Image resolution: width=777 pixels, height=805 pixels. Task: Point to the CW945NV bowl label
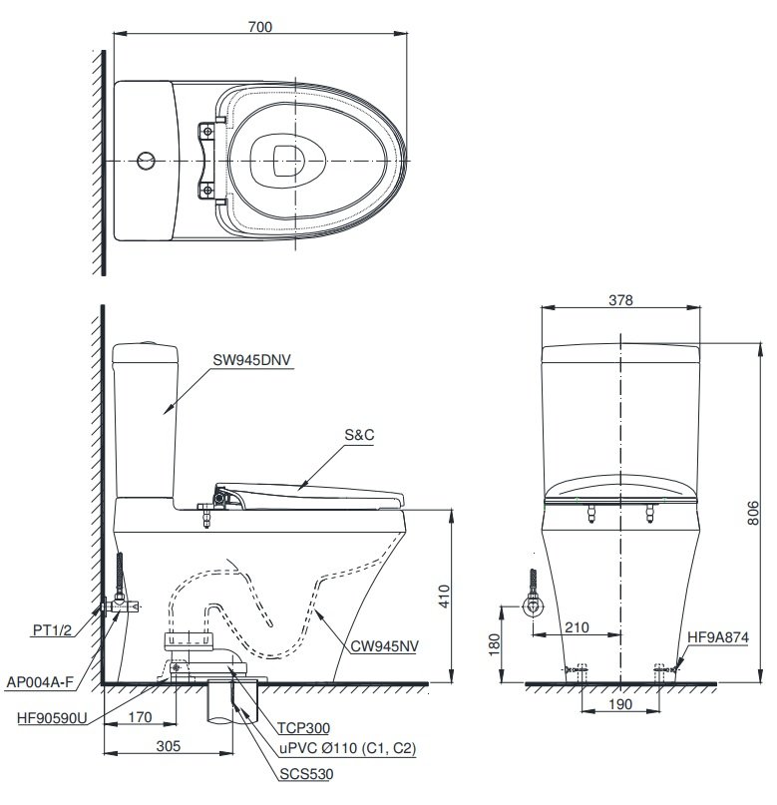click(384, 645)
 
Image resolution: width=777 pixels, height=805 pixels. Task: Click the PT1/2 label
click(51, 629)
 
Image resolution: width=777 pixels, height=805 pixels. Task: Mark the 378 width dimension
click(619, 299)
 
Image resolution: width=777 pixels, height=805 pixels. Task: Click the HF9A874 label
click(718, 635)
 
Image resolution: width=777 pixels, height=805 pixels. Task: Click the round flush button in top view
click(146, 160)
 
